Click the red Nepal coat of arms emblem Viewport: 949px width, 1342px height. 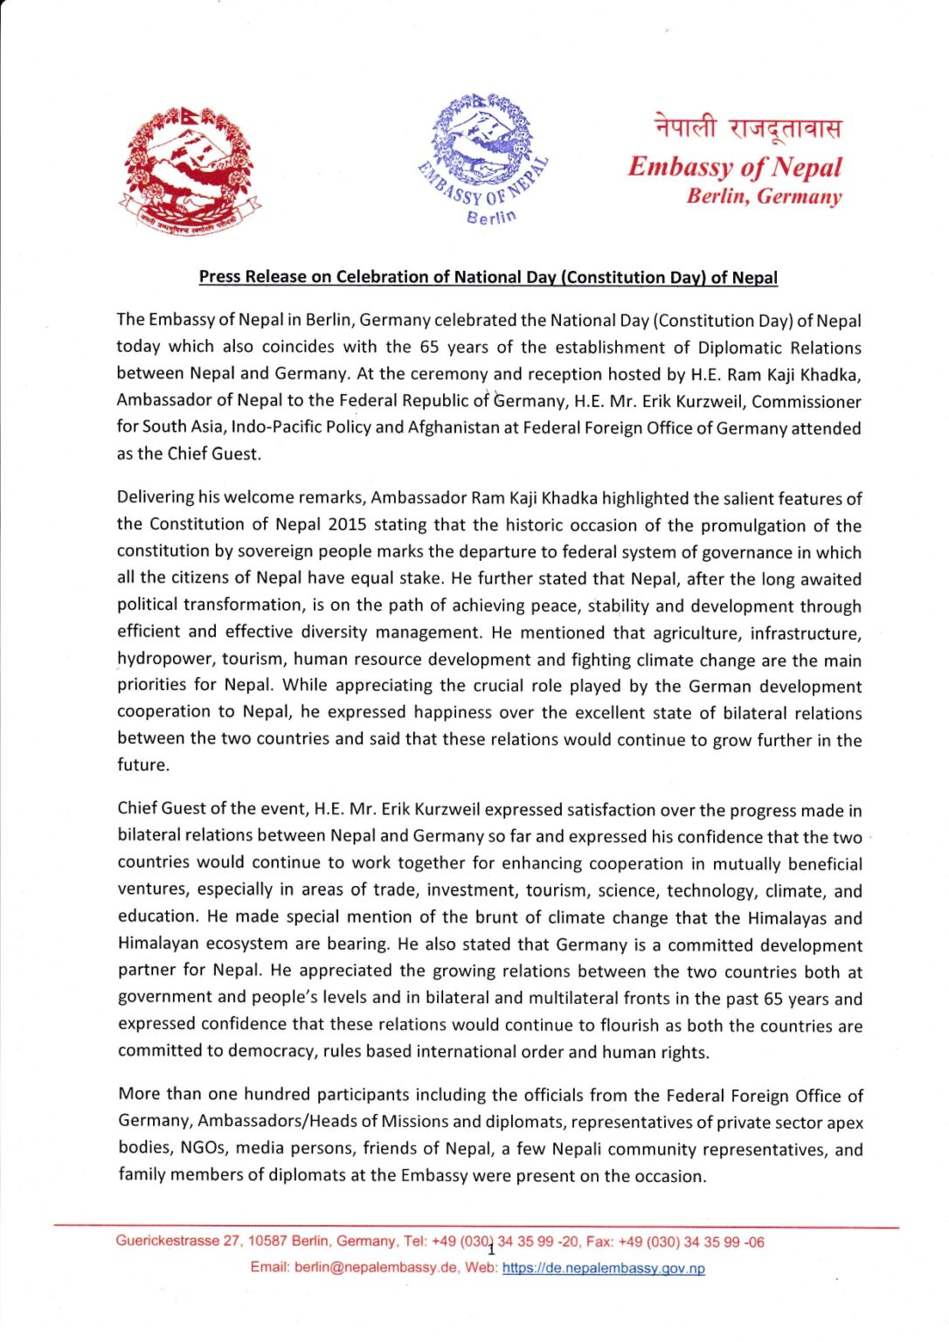click(188, 171)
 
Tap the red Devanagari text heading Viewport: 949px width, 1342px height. click(748, 128)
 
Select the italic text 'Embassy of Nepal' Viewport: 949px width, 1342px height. click(734, 166)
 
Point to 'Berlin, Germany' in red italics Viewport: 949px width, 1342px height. click(764, 196)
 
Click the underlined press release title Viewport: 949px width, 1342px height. click(488, 277)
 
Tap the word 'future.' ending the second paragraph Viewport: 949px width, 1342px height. click(143, 764)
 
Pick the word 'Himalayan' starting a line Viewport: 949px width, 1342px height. click(159, 944)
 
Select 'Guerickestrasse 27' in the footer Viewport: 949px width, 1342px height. click(177, 1242)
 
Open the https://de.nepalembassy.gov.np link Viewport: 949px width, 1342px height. click(603, 1268)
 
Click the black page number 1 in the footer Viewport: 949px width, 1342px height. click(490, 1249)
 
